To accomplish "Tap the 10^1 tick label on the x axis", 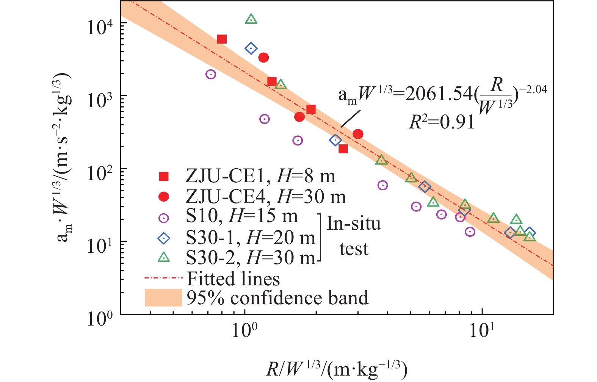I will coord(482,331).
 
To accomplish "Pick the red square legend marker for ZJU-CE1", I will coord(164,177).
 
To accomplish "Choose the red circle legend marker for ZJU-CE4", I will coord(164,197).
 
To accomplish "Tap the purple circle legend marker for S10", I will coord(164,218).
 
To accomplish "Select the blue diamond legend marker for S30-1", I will coord(164,238).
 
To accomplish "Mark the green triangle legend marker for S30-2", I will coord(164,258).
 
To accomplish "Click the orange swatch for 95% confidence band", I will coord(163,298).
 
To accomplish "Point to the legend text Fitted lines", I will coord(233,279).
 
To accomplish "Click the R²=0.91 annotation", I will coord(442,122).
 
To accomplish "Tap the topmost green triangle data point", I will coord(251,19).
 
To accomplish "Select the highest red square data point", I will coord(222,39).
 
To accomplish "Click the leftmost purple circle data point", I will coord(211,74).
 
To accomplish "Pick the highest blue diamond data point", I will coord(251,48).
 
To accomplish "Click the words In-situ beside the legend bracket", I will coord(353,224).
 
